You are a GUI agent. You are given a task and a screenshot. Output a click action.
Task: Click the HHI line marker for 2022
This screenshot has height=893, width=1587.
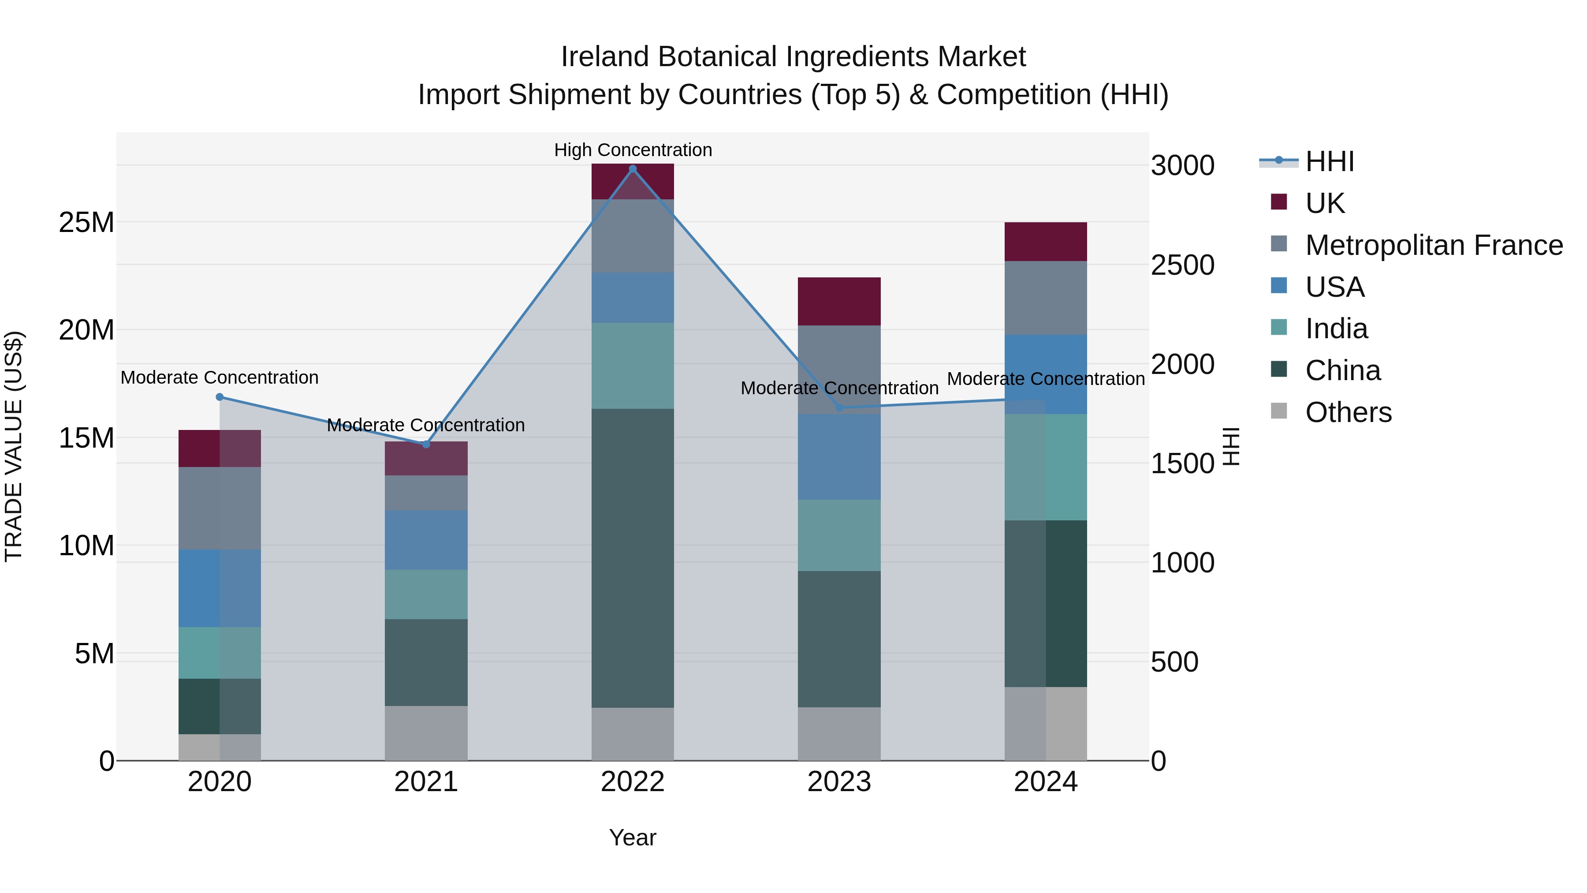(x=632, y=169)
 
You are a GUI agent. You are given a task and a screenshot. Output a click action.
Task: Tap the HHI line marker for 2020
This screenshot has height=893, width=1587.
(x=220, y=397)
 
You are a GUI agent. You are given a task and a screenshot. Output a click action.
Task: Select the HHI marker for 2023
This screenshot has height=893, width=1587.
(x=839, y=407)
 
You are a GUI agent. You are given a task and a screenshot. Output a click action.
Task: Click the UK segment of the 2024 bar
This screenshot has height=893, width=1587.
(x=1046, y=242)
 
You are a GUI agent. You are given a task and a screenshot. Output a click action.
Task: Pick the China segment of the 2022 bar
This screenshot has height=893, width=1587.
(x=632, y=558)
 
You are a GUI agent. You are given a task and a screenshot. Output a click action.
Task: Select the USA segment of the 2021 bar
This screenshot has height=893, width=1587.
(x=426, y=539)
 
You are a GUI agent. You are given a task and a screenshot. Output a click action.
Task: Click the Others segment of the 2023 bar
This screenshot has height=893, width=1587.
(x=839, y=733)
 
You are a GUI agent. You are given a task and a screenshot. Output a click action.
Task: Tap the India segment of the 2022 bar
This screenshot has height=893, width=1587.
(x=632, y=366)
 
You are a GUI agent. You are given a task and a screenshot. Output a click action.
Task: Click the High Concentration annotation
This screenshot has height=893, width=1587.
(x=633, y=150)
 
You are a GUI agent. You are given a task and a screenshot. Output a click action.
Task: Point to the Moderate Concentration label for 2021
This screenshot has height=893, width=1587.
(x=426, y=425)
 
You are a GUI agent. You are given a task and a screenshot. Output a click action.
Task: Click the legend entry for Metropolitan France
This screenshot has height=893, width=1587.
(x=1434, y=245)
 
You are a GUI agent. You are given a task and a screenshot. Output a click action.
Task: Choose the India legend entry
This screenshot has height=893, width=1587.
(x=1336, y=329)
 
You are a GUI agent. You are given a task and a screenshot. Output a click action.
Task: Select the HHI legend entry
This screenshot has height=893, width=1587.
(x=1330, y=161)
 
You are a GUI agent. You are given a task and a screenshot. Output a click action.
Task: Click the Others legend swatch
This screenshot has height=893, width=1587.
(x=1278, y=411)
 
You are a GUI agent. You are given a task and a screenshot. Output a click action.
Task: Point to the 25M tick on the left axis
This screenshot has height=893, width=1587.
(x=86, y=223)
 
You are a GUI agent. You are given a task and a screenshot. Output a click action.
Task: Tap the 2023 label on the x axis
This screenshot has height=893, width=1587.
(x=839, y=782)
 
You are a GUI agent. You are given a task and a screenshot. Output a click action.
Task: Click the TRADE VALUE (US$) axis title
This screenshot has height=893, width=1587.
(x=14, y=446)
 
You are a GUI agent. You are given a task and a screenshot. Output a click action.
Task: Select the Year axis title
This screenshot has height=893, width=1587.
(x=632, y=837)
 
